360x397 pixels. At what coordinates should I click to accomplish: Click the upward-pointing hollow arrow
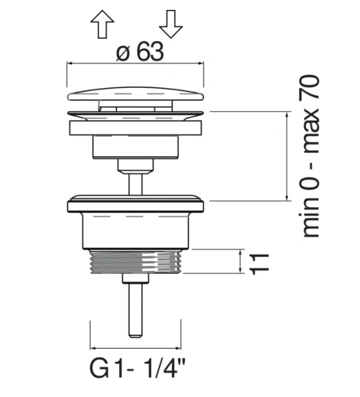[x=103, y=24]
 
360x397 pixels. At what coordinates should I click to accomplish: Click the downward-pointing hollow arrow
[x=171, y=24]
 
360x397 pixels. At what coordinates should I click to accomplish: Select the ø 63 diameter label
[x=140, y=52]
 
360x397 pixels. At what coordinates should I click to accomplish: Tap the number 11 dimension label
[x=259, y=263]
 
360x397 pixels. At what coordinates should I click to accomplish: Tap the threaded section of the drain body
[x=136, y=262]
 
